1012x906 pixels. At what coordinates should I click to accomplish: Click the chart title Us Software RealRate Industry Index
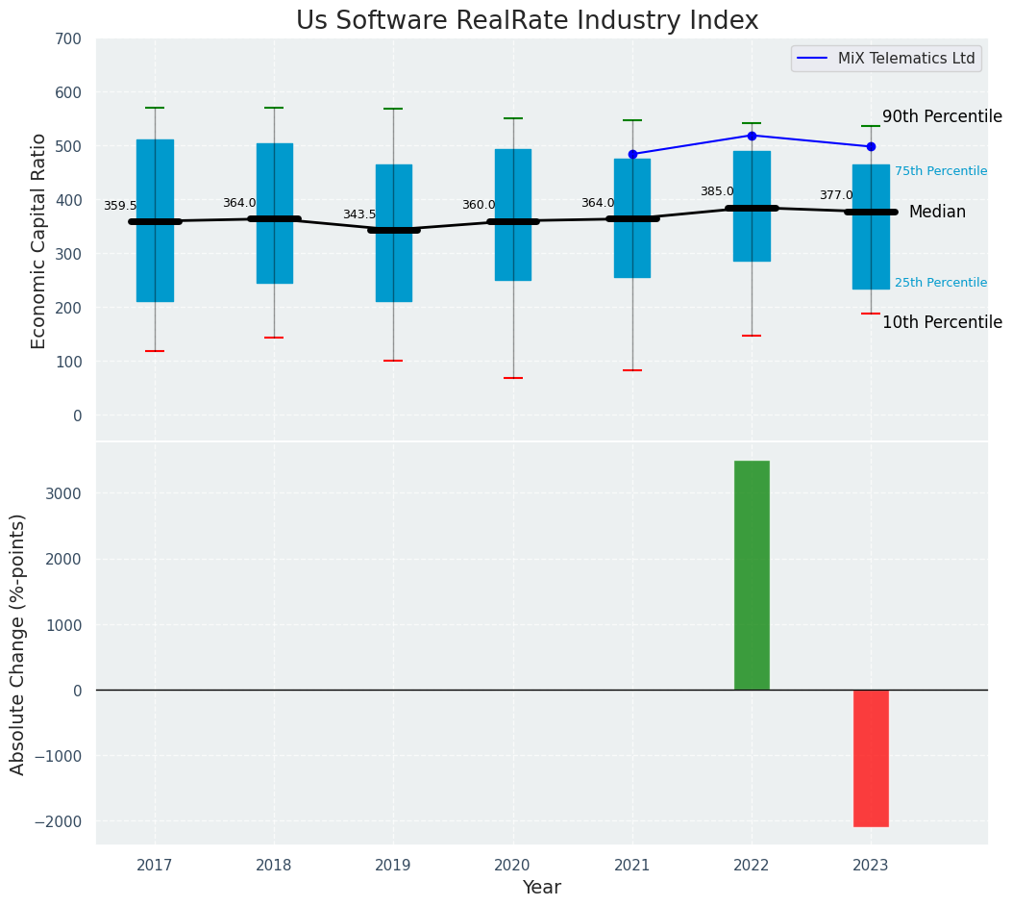[x=527, y=21]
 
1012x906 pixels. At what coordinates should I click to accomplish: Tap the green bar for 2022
[x=752, y=575]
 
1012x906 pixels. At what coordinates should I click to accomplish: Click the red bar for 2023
[x=871, y=758]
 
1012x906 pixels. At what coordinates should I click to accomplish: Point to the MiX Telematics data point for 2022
[x=752, y=136]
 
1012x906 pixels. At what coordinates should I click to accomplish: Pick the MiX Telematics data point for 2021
[x=632, y=154]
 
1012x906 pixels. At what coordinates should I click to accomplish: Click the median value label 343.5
[x=359, y=214]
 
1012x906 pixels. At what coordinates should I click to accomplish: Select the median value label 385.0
[x=717, y=191]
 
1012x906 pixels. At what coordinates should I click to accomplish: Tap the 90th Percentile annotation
[x=942, y=116]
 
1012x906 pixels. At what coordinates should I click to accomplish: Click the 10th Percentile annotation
[x=942, y=322]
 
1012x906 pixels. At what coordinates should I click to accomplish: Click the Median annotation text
[x=937, y=212]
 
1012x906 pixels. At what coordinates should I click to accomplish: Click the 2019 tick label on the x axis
[x=393, y=866]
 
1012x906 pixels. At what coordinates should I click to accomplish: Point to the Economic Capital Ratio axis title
[x=38, y=241]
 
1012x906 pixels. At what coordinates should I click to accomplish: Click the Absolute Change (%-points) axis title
[x=18, y=643]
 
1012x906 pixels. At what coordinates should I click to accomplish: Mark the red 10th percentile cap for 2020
[x=513, y=378]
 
